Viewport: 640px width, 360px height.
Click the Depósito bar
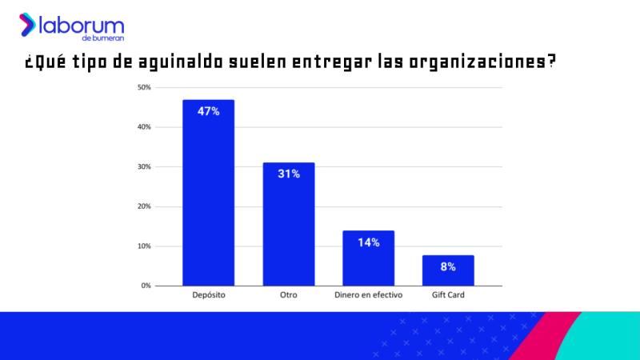[x=208, y=192]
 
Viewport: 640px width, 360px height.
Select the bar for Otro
[x=288, y=224]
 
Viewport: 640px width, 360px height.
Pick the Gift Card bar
[x=448, y=270]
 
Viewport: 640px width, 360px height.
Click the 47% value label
[x=208, y=111]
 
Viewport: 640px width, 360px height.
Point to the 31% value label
[x=288, y=174]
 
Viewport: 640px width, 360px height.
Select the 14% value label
[x=368, y=242]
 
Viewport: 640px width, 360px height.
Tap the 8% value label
[x=448, y=266]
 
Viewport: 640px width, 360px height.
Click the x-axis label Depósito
[x=208, y=296]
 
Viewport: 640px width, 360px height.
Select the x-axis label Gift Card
[x=448, y=296]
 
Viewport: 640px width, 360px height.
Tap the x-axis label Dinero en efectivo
[x=368, y=296]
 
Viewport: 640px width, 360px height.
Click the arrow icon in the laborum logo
[x=27, y=24]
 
